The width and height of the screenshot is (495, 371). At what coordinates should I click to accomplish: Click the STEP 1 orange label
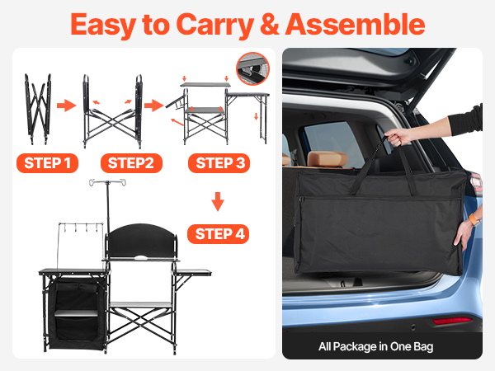click(47, 163)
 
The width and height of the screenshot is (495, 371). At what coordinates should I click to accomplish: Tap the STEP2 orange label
click(131, 163)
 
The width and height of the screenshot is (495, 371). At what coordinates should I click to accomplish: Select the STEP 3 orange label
click(219, 163)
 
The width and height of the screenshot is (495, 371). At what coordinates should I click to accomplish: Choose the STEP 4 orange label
click(218, 234)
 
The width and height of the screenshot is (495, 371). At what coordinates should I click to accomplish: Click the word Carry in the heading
click(215, 26)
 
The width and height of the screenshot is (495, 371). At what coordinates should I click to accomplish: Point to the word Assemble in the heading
click(355, 24)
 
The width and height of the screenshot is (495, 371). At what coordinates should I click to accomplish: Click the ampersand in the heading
click(270, 24)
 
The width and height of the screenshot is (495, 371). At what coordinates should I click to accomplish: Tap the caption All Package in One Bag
click(375, 346)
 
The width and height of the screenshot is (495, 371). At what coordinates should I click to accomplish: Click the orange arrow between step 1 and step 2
click(66, 105)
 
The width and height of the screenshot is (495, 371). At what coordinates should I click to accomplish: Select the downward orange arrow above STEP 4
click(218, 201)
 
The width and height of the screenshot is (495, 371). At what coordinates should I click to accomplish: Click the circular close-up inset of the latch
click(252, 68)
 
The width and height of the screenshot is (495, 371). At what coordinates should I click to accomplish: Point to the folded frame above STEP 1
click(38, 109)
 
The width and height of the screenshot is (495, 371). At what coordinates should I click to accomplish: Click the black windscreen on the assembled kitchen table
click(142, 241)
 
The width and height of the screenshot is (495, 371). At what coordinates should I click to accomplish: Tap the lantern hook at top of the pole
click(107, 182)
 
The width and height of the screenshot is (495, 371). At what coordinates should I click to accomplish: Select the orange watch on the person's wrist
click(474, 218)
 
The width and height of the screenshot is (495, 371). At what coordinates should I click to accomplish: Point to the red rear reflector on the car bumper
click(452, 321)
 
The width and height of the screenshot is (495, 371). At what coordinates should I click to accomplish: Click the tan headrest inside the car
click(328, 158)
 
